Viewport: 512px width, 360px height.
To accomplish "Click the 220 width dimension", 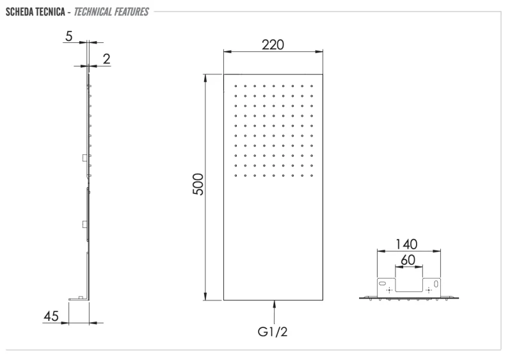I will [273, 45].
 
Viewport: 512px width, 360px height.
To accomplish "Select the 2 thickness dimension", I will [106, 59].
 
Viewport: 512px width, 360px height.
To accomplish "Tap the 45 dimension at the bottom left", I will [52, 316].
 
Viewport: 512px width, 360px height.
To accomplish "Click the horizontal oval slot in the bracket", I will [383, 282].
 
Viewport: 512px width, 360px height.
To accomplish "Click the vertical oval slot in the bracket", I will [436, 283].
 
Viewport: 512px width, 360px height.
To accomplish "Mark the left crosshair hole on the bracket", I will [389, 290].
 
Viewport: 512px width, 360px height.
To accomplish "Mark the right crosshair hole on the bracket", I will [428, 290].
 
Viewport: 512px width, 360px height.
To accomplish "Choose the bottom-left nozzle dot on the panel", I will [236, 175].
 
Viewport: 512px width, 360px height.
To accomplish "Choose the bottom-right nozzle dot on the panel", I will [312, 175].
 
